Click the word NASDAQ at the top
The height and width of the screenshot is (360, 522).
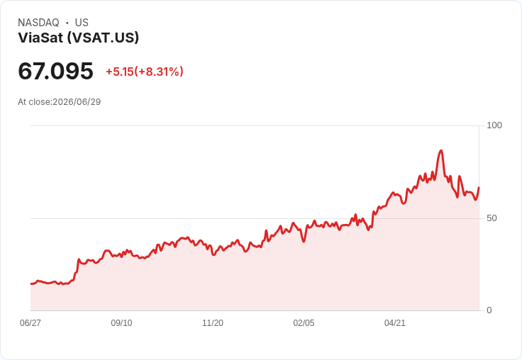click(x=38, y=23)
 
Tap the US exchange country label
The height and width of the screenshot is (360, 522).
click(x=82, y=23)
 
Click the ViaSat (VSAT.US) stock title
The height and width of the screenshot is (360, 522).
click(x=78, y=38)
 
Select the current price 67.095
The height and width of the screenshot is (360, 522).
click(x=55, y=71)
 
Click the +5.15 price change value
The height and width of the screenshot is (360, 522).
click(x=120, y=72)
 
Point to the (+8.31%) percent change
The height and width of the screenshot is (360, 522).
click(x=159, y=72)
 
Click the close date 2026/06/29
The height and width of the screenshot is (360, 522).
click(x=77, y=102)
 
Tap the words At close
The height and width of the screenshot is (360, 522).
click(x=34, y=102)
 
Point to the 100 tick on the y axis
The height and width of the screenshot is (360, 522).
click(x=494, y=125)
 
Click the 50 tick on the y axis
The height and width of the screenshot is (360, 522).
click(x=492, y=218)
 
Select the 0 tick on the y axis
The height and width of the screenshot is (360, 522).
click(x=489, y=310)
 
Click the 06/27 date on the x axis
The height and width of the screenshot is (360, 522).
click(x=30, y=323)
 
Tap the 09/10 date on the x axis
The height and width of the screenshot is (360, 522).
click(x=121, y=323)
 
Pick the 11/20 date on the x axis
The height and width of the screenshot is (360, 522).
click(x=213, y=323)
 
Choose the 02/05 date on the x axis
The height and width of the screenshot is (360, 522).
click(x=304, y=323)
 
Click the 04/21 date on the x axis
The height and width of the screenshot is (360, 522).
click(x=395, y=323)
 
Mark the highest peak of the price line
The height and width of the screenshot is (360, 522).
click(x=441, y=151)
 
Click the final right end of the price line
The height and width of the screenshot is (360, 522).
click(x=479, y=188)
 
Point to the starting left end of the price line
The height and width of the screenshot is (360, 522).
click(x=31, y=283)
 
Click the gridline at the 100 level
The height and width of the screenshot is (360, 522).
click(x=255, y=125)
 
